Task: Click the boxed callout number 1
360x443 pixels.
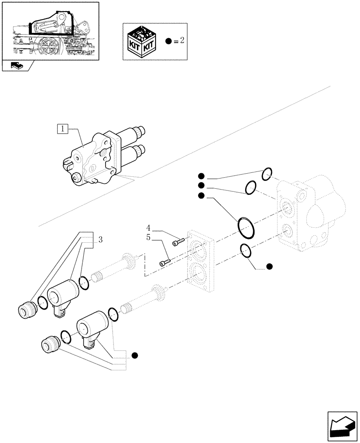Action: pyautogui.click(x=63, y=129)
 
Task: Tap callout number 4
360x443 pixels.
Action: pyautogui.click(x=149, y=229)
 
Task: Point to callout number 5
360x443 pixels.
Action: pyautogui.click(x=149, y=238)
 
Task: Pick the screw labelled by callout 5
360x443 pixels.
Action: pyautogui.click(x=164, y=263)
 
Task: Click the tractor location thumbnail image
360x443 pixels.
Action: pyautogui.click(x=50, y=30)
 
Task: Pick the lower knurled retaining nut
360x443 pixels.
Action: pyautogui.click(x=50, y=343)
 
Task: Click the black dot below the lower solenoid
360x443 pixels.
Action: pyautogui.click(x=135, y=355)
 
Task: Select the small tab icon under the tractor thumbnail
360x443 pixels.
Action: pyautogui.click(x=18, y=67)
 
